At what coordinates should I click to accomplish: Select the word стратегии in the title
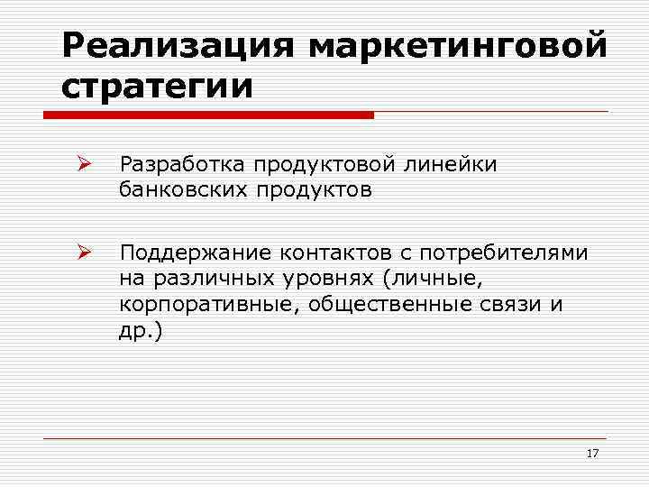158,87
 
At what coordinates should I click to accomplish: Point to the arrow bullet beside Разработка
82,165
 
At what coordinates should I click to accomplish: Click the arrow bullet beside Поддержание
82,253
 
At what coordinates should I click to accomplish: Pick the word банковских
186,190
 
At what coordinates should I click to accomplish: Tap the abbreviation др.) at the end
141,330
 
